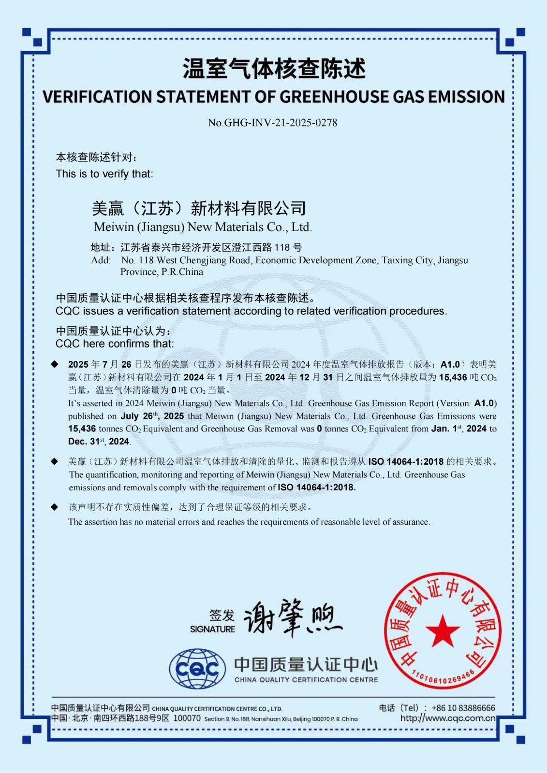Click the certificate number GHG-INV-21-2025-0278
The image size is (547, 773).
pos(280,123)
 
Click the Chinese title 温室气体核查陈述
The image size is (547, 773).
pos(274,69)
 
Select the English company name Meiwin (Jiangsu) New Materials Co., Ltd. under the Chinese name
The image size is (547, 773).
pos(203,227)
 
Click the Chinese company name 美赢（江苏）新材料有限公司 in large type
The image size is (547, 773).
pos(199,208)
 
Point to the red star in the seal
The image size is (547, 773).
pos(443,630)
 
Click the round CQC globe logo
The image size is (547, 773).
pos(197,669)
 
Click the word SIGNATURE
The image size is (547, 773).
pos(212,629)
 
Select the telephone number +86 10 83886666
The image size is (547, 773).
pos(463,708)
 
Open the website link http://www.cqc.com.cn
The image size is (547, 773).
pos(448,718)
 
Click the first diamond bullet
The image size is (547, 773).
pos(55,364)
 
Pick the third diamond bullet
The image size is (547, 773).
pos(55,507)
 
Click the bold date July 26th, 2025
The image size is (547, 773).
pos(152,416)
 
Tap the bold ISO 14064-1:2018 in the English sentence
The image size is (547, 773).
pos(317,487)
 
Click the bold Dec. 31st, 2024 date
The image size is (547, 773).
pos(99,441)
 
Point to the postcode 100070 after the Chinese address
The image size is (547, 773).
pos(187,718)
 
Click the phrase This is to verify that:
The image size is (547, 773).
pos(104,174)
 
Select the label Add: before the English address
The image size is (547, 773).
pos(101,260)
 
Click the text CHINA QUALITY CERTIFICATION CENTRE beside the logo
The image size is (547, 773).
pos(306,680)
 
